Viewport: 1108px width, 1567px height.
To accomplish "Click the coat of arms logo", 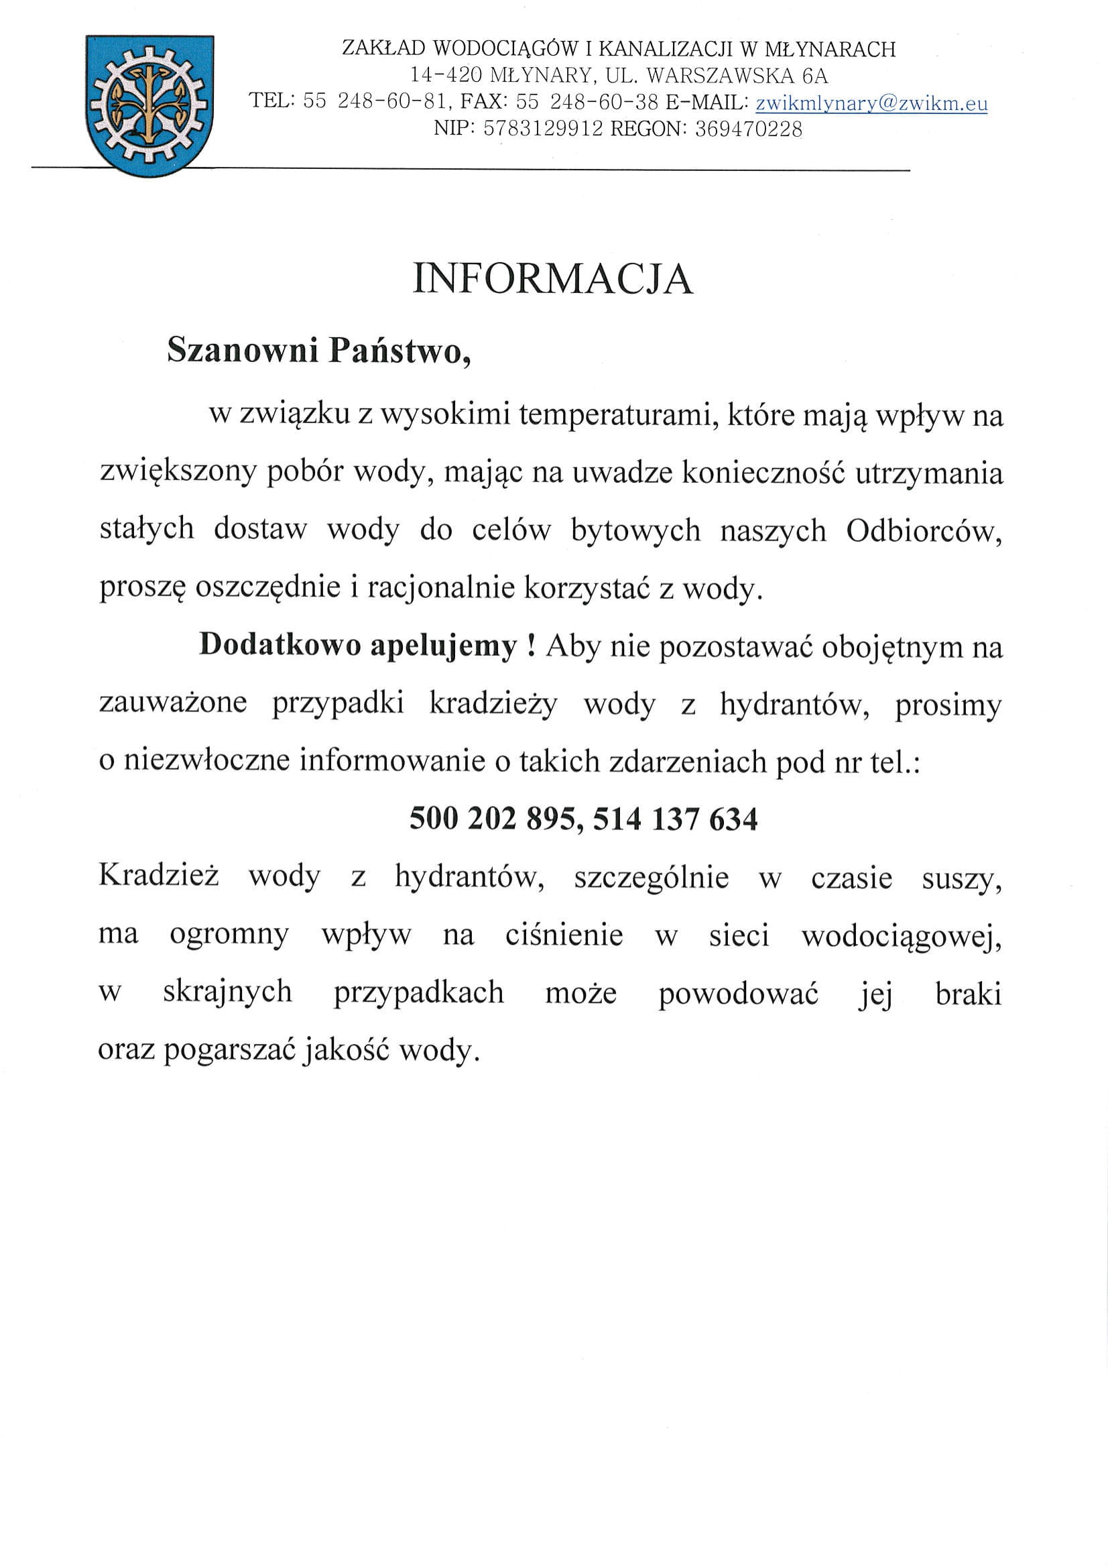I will point(150,106).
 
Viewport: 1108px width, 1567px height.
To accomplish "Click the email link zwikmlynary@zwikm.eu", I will point(871,104).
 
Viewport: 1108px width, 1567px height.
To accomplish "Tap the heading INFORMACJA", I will point(552,279).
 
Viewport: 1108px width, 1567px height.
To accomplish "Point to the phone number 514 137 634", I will point(675,818).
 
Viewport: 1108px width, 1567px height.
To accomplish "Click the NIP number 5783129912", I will point(543,129).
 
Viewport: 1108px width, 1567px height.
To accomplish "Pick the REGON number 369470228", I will point(749,129).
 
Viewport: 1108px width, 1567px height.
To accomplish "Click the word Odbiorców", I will point(924,530).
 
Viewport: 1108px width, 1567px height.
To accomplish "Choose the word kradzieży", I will point(493,703).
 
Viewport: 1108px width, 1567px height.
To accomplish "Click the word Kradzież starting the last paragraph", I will point(158,875).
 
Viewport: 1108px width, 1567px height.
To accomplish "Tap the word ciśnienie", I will point(564,934).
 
